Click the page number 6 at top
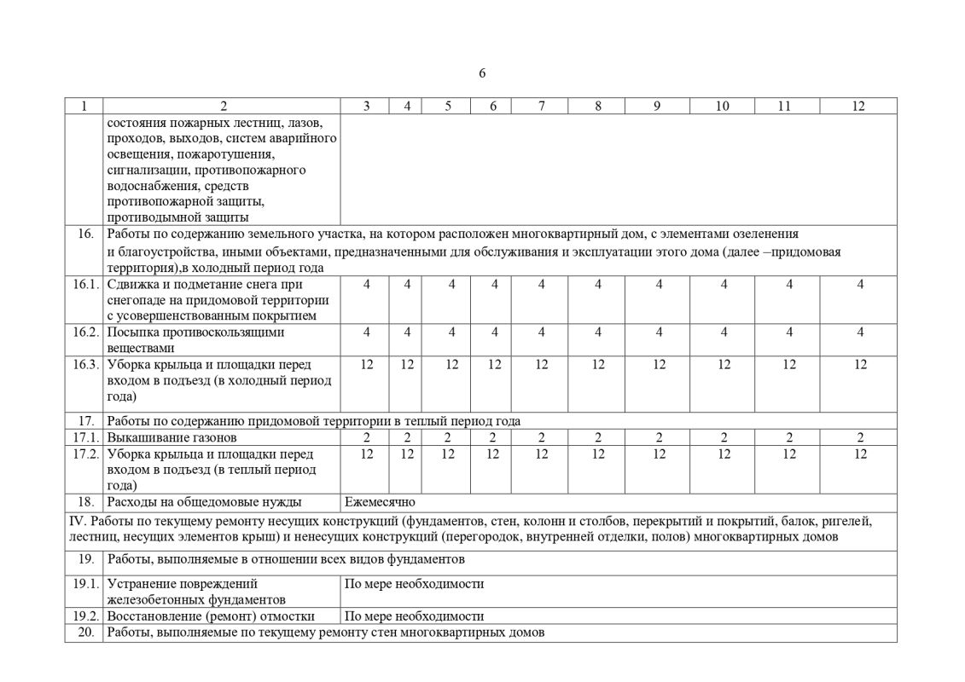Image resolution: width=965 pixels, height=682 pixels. click(482, 73)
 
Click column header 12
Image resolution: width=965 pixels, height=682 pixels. click(858, 106)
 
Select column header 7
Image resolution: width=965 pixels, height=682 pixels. click(541, 106)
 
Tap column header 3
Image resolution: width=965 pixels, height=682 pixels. click(366, 106)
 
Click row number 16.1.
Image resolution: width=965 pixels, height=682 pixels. click(84, 284)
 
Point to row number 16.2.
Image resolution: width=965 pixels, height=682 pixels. click(84, 332)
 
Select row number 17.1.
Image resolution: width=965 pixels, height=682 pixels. click(84, 437)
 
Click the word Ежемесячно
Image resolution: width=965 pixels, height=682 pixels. click(380, 502)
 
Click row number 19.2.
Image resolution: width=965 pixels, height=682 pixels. click(84, 616)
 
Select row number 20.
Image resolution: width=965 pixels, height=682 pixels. click(85, 633)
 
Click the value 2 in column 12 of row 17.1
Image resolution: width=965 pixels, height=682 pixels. click(860, 437)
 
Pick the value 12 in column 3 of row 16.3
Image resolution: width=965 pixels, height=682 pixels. click(367, 364)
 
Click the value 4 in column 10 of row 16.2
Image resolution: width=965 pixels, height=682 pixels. click(724, 332)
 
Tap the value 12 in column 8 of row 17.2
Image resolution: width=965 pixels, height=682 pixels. click(598, 454)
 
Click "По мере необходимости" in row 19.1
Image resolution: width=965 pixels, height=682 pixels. click(414, 584)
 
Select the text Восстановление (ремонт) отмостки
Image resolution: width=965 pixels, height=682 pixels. click(211, 616)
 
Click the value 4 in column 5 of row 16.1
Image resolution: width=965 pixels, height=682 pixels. click(449, 284)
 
